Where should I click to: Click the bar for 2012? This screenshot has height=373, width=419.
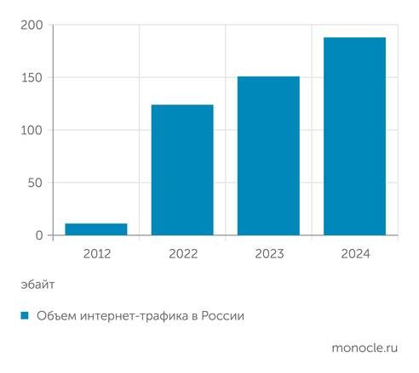point(96,229)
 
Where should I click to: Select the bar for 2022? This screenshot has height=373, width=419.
point(182,170)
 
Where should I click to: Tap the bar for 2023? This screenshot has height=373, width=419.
point(268,156)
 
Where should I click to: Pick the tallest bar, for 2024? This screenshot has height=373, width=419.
point(354,136)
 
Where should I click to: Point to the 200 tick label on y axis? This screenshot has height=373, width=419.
point(31,25)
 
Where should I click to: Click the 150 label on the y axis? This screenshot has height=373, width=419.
point(31,78)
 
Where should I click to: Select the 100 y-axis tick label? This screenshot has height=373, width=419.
point(31,130)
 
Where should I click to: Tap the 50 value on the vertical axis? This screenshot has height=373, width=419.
point(34,183)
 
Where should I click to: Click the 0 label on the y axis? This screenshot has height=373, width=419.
point(38,235)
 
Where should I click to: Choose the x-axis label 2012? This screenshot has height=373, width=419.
point(96,252)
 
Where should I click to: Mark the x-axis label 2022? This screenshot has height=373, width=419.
point(182,252)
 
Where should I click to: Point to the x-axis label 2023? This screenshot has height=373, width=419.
point(268,252)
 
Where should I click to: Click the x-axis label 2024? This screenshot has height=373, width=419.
point(354,252)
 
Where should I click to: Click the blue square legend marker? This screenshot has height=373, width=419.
point(25,316)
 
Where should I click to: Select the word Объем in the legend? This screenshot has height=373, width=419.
point(55,316)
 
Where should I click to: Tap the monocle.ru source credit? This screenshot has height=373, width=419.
point(365,348)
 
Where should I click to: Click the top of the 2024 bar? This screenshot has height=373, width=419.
point(354,38)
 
